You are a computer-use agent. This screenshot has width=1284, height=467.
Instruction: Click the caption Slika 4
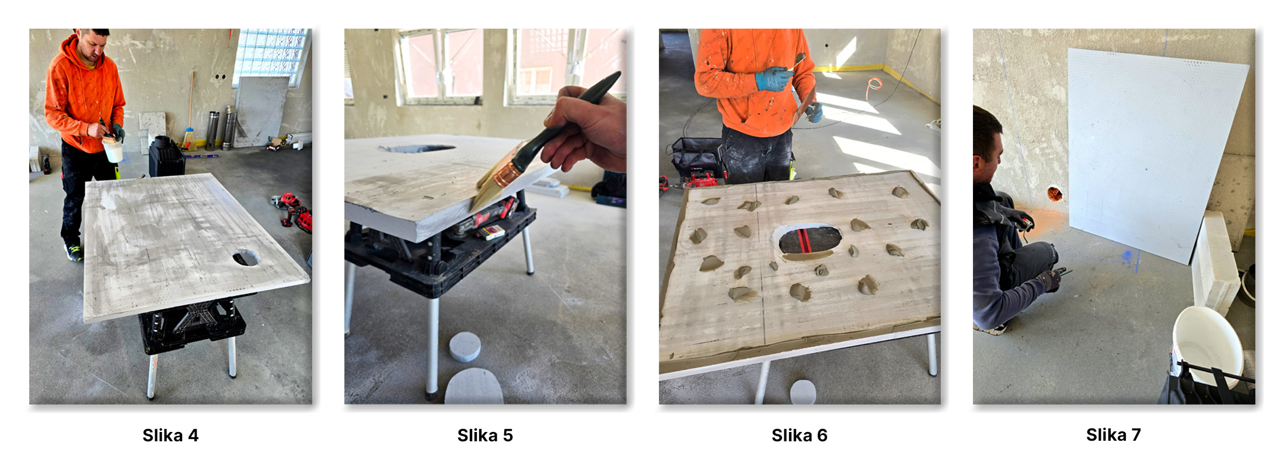coord(170,435)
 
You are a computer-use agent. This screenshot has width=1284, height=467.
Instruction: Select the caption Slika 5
coord(485,435)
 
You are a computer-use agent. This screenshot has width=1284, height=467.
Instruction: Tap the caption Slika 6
coord(800,435)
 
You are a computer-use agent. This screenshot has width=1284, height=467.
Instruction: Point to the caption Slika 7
coord(1114,435)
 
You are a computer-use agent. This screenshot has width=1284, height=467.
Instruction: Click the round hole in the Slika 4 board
coord(246,257)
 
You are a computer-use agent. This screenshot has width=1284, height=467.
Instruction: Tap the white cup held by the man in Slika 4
coord(113,149)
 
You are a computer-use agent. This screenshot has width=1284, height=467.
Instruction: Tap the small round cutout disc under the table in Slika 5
coord(465,347)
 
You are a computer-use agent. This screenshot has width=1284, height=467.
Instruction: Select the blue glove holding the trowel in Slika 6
coord(774,78)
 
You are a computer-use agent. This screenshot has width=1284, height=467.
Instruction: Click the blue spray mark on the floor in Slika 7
coord(1128,257)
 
